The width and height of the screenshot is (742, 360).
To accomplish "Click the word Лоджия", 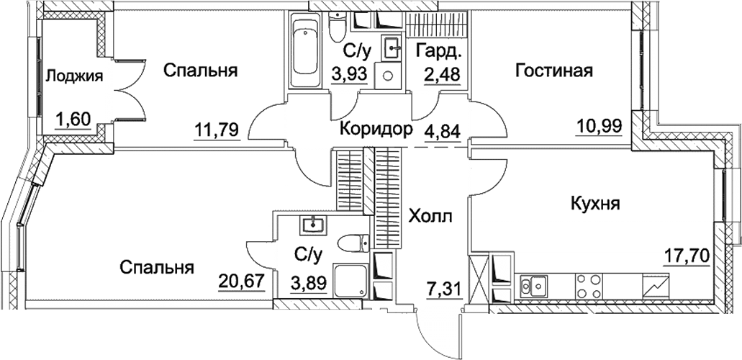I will [x=75, y=76].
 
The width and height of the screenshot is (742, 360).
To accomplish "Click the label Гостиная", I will [x=553, y=71].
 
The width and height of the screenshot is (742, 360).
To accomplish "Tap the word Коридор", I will [x=376, y=130].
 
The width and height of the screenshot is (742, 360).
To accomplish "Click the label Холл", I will [x=430, y=216].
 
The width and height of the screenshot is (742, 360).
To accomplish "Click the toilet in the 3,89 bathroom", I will [x=353, y=243].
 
